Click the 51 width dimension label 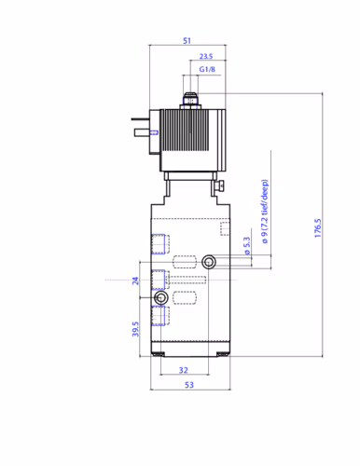click(x=187, y=41)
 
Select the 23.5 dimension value click(x=206, y=56)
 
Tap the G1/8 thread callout click(x=207, y=69)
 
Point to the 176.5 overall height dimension click(x=317, y=228)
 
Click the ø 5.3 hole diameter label click(x=246, y=246)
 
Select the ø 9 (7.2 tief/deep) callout click(x=264, y=212)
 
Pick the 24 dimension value click(x=135, y=281)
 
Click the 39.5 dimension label click(x=135, y=329)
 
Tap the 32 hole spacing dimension click(x=184, y=370)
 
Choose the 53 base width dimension click(x=189, y=385)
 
